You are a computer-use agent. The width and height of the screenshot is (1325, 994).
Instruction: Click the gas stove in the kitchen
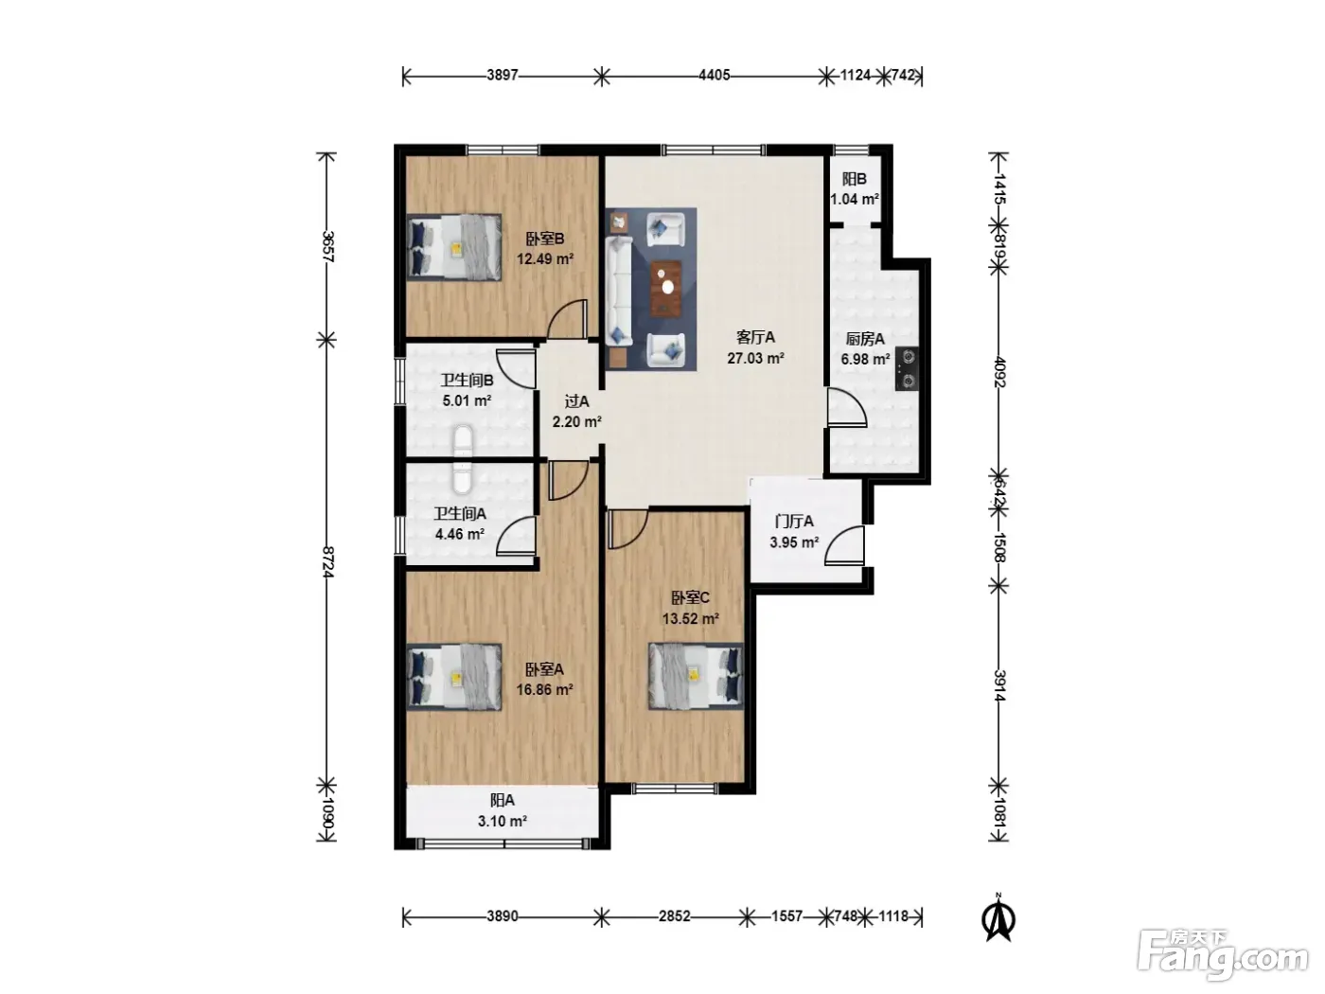(907, 369)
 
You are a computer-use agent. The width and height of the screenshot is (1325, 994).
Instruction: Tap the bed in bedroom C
(696, 677)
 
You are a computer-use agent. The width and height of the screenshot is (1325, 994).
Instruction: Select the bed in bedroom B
(454, 247)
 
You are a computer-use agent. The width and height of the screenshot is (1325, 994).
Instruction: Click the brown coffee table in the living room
(666, 289)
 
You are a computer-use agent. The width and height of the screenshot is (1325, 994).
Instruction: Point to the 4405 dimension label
(715, 76)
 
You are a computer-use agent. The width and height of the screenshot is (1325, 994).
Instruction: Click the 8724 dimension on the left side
(327, 562)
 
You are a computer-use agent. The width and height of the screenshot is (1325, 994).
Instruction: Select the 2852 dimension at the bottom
(674, 916)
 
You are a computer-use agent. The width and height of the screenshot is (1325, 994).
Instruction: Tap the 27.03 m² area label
(755, 359)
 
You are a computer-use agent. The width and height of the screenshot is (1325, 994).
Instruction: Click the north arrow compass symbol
(999, 918)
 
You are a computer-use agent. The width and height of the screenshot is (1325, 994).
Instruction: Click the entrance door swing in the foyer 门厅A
(844, 545)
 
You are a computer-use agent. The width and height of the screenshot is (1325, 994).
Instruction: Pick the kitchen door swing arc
(847, 408)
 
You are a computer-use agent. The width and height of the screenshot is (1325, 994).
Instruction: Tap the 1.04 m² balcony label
(855, 199)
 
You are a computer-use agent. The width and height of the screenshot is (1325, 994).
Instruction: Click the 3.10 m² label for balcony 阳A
(503, 822)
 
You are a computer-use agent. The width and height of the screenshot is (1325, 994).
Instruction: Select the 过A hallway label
(576, 400)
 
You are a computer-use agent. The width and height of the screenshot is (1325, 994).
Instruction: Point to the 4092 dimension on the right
(999, 372)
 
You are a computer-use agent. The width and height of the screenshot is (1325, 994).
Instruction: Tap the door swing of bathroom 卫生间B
(517, 368)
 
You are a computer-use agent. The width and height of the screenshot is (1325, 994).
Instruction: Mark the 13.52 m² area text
(691, 618)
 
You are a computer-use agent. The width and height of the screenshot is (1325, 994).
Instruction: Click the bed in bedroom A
(454, 677)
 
